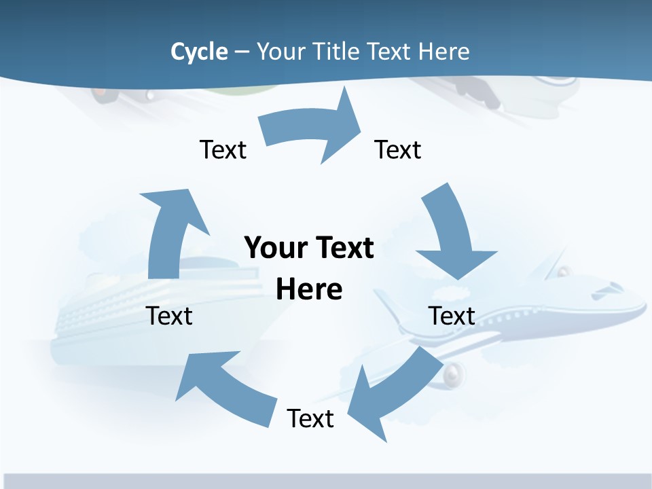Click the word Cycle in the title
[199, 52]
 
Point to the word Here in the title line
[443, 52]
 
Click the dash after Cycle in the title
[242, 52]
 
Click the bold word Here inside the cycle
[309, 290]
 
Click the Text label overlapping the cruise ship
[169, 316]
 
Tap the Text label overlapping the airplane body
[452, 316]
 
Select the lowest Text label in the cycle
[310, 418]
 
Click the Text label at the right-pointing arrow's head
[398, 149]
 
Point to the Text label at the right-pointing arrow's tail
[223, 149]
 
